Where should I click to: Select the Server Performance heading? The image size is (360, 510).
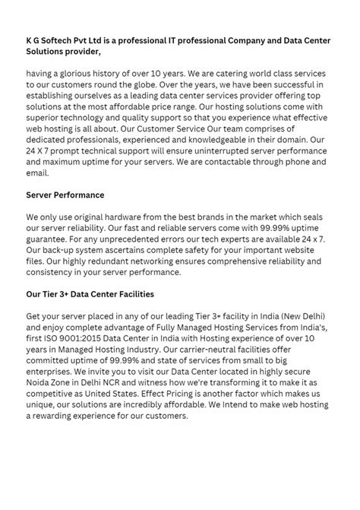click(65, 195)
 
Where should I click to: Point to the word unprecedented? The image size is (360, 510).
click(132, 239)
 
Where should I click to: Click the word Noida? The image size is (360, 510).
click(41, 381)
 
